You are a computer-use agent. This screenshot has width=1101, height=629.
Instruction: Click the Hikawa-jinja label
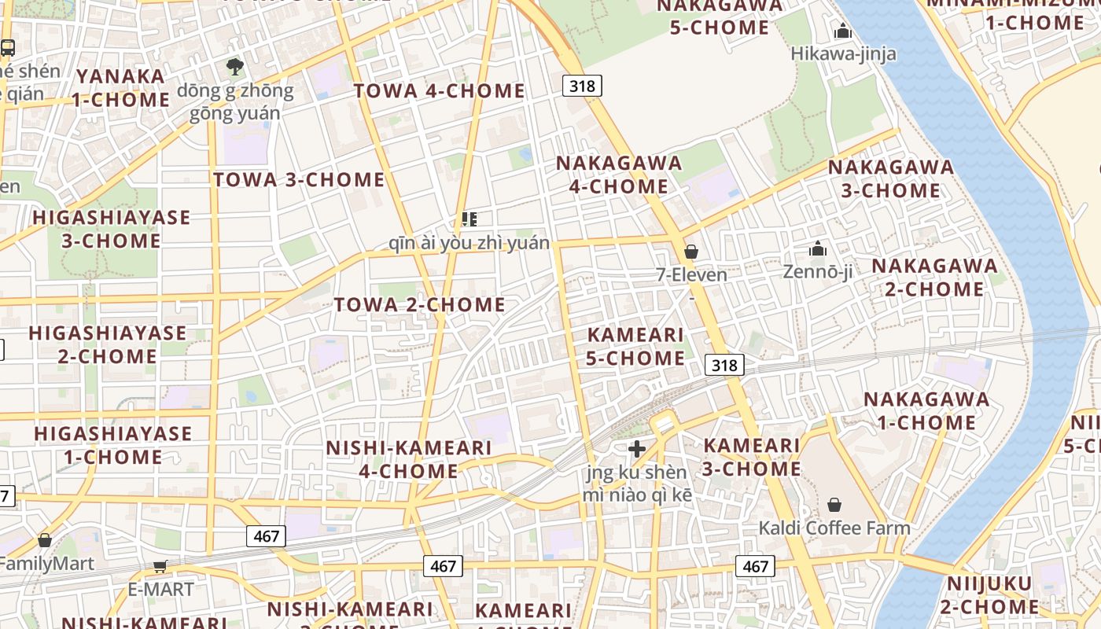[x=843, y=53]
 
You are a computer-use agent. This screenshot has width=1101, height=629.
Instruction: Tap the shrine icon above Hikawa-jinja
[x=843, y=31]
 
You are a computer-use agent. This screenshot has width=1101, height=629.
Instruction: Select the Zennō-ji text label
[x=818, y=272]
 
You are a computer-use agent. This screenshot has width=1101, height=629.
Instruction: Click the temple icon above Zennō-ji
[x=818, y=249]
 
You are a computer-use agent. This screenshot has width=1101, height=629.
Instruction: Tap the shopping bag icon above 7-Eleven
[x=691, y=252]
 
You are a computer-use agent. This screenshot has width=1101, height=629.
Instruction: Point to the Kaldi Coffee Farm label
[x=834, y=528]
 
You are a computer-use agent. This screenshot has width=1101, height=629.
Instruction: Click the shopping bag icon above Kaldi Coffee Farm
[x=834, y=505]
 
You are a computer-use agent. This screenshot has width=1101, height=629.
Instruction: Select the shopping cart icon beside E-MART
[x=160, y=566]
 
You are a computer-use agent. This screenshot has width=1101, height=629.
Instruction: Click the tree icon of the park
[x=234, y=66]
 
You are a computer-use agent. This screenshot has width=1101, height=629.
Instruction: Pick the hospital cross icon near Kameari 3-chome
[x=637, y=450]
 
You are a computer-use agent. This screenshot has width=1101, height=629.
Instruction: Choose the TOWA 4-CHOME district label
[x=439, y=91]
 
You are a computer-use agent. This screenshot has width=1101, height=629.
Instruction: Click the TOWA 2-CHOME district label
[x=419, y=305]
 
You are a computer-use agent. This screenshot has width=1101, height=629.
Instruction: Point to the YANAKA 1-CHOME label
[x=121, y=88]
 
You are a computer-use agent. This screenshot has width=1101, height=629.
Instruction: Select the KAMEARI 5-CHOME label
[x=635, y=347]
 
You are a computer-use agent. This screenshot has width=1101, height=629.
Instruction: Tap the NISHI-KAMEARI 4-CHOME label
[x=408, y=459]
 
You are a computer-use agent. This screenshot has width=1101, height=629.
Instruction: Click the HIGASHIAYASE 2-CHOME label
[x=108, y=344]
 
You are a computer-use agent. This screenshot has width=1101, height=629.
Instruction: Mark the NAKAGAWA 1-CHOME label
[x=926, y=410]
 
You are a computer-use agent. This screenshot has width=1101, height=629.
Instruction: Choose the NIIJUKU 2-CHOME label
[x=989, y=595]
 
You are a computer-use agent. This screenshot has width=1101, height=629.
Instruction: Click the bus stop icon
[x=7, y=48]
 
